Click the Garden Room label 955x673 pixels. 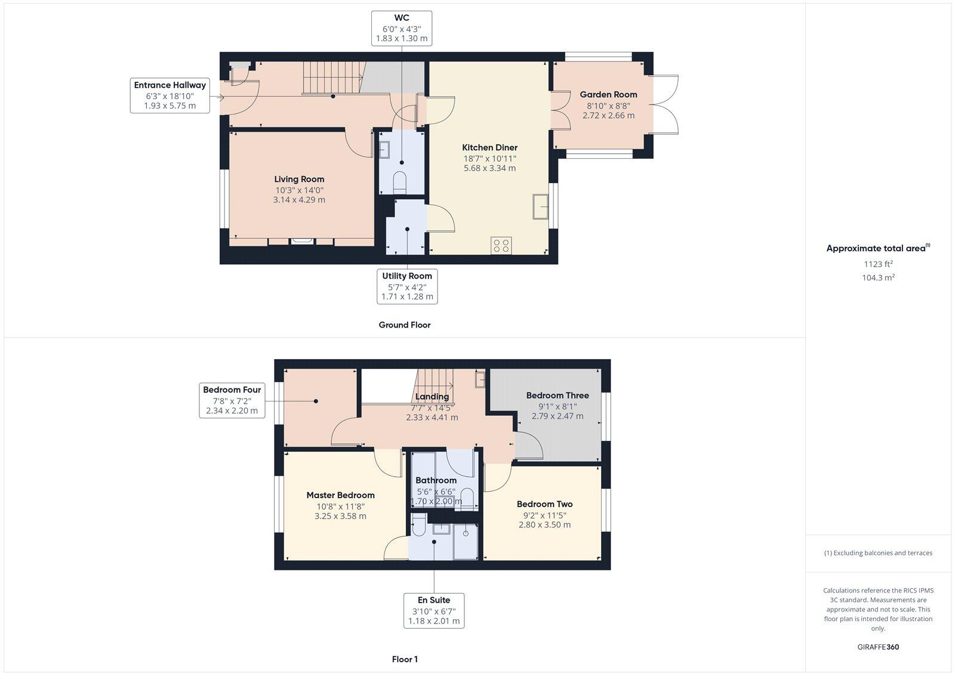pos(608,94)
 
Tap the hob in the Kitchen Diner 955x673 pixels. pos(501,245)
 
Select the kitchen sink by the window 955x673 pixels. pos(541,207)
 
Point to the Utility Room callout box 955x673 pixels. pos(407,286)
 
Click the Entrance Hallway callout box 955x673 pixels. pos(170,95)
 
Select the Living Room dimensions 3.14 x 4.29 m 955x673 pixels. pos(299,200)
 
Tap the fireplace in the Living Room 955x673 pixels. pos(301,241)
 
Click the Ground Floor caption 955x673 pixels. pos(404,325)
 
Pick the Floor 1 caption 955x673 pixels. pos(405,659)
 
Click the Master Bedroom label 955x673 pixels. pos(340,495)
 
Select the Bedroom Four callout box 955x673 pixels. pos(232,400)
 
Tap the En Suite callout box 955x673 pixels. pos(434,610)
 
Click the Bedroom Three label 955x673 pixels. pos(557,395)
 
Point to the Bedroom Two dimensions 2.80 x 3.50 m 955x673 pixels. pos(544,525)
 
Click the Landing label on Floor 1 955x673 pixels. pos(432,397)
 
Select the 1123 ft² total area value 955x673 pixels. pos(878,264)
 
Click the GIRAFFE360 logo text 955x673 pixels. pos(878,647)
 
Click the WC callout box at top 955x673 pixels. pos(401,28)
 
